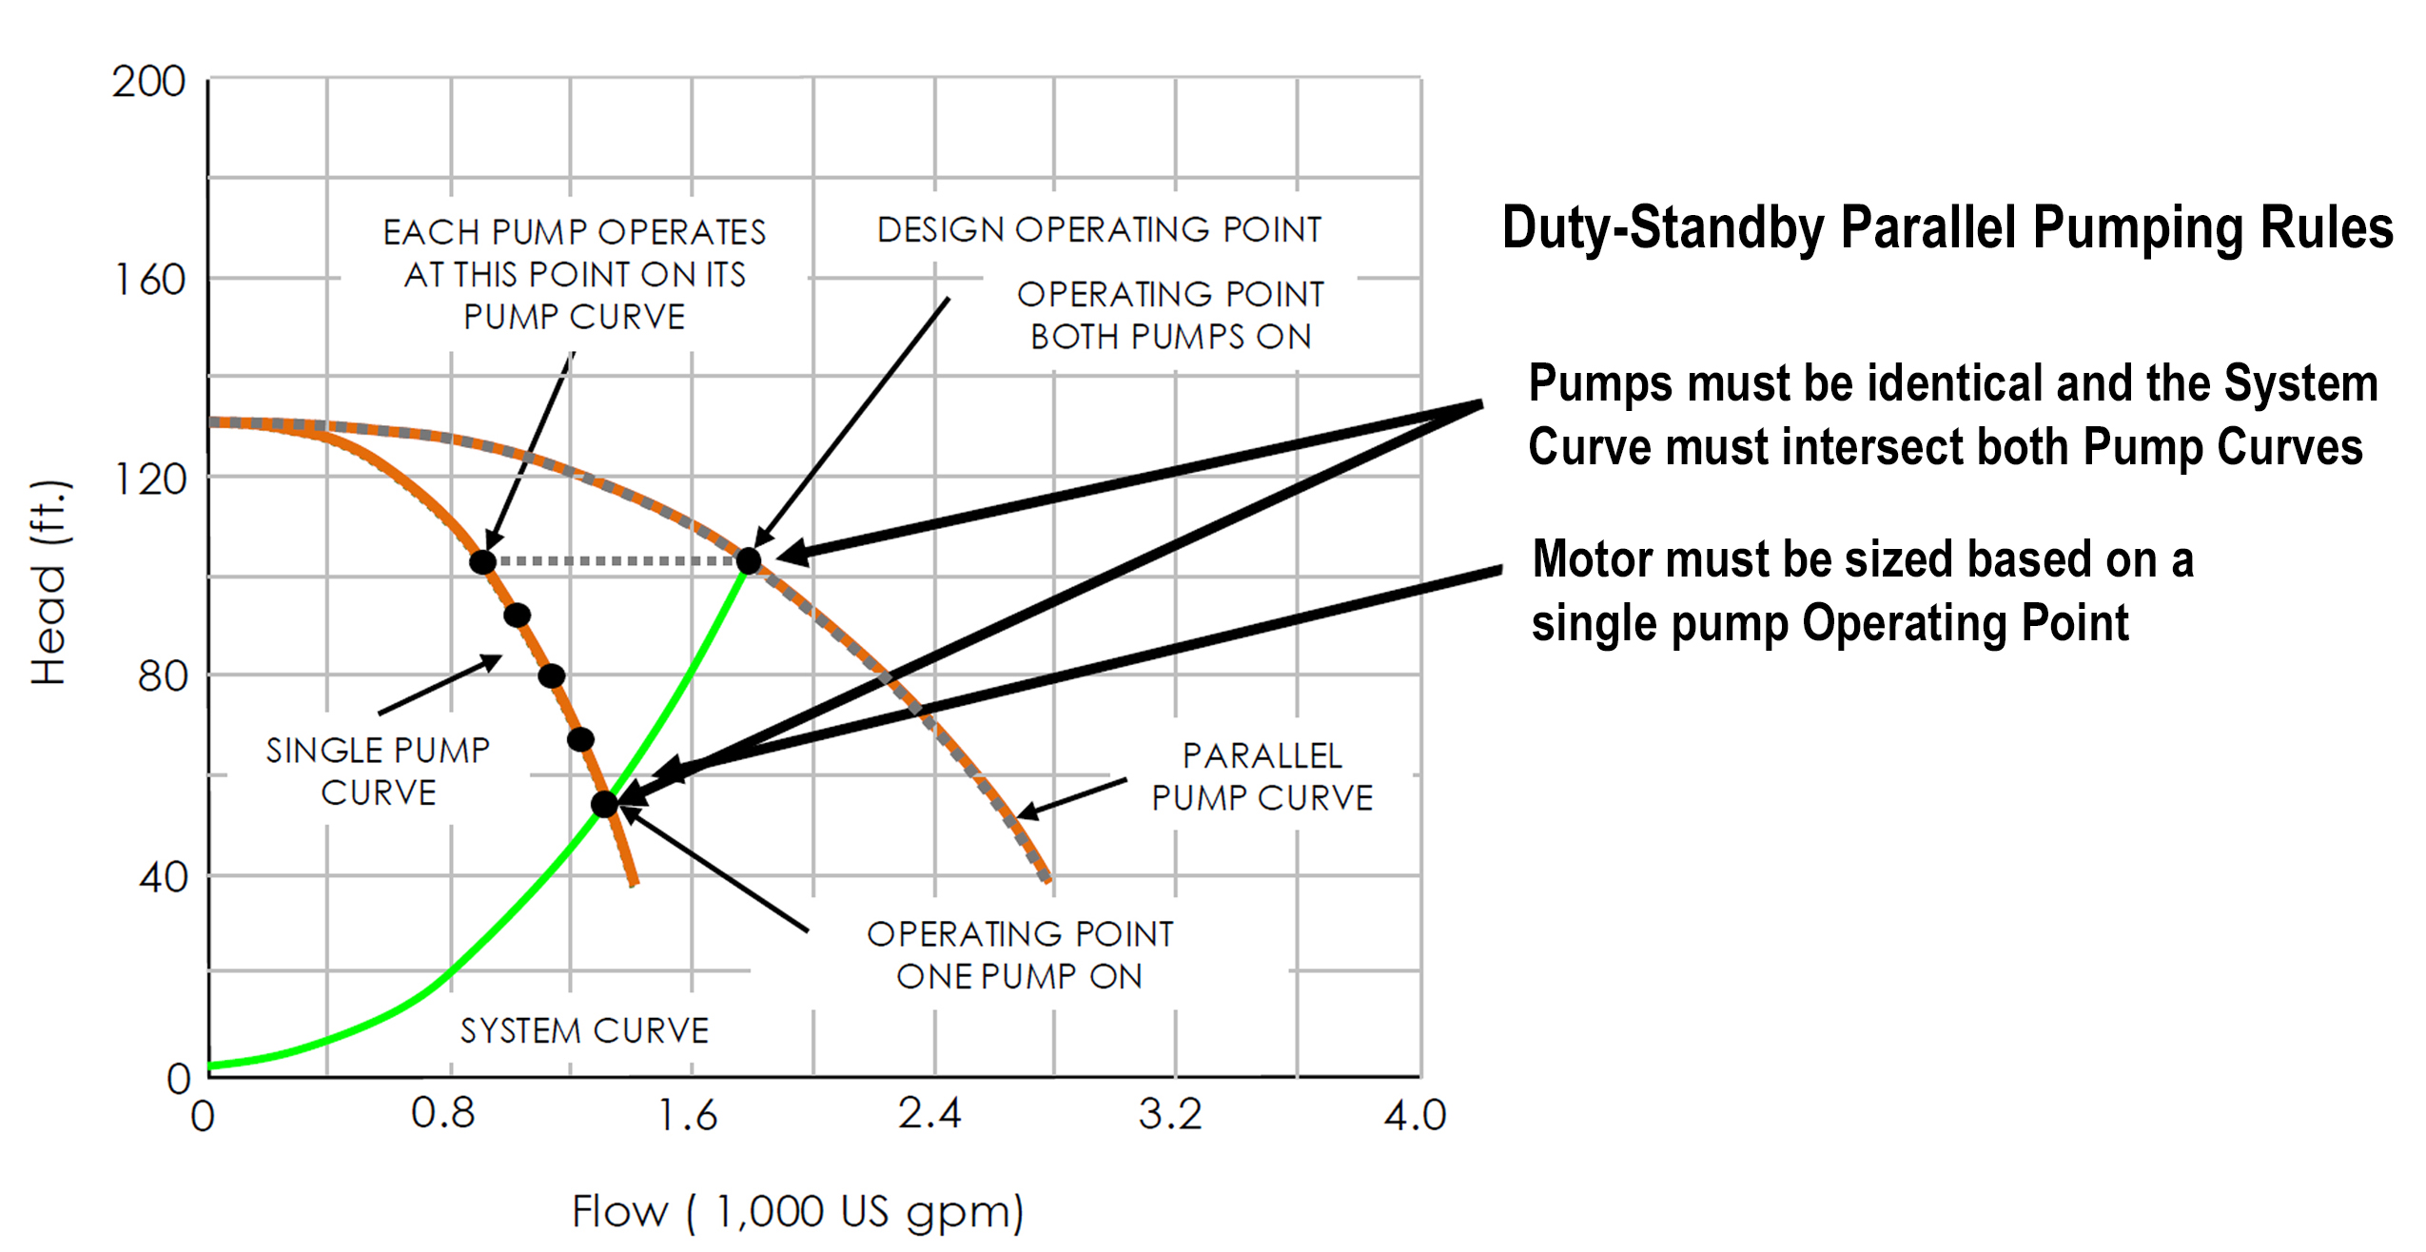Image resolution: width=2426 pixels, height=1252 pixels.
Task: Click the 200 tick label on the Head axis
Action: (148, 82)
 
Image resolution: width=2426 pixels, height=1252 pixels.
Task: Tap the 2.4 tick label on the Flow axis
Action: (929, 1113)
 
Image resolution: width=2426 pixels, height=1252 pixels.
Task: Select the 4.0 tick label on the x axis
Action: (1415, 1115)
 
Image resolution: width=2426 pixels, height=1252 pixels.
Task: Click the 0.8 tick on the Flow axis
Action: (442, 1113)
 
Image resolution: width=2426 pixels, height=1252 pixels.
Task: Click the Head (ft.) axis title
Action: (48, 582)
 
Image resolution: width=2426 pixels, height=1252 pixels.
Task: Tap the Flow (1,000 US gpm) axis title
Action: (797, 1212)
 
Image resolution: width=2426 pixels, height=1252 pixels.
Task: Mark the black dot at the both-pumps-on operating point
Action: (749, 561)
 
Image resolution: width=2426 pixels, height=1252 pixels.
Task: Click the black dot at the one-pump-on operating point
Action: (604, 805)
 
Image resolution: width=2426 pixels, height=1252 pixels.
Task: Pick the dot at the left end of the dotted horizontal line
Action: (483, 562)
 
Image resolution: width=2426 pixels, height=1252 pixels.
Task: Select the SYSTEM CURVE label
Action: (584, 1031)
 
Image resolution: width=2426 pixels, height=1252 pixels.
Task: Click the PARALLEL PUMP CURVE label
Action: (1262, 776)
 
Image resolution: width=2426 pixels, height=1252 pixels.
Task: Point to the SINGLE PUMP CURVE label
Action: (378, 771)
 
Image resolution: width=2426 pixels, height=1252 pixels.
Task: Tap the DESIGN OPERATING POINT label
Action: (1099, 230)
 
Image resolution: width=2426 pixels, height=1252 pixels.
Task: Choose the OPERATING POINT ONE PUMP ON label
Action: (1020, 955)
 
